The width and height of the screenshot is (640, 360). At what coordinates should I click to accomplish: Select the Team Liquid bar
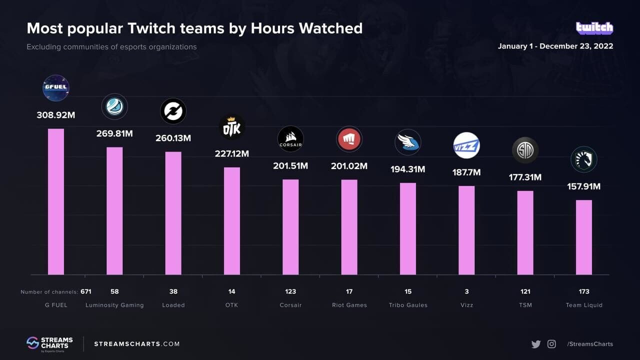tap(584, 237)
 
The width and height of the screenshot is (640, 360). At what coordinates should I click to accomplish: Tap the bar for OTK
tap(232, 220)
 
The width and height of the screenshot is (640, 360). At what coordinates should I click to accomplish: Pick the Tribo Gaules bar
tap(408, 228)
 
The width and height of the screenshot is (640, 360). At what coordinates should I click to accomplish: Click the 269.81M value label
tap(114, 133)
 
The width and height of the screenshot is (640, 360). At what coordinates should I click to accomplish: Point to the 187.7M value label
tap(466, 172)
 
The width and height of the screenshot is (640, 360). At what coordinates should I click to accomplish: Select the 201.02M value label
tap(349, 166)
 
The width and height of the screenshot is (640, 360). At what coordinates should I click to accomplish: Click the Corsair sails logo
tap(290, 139)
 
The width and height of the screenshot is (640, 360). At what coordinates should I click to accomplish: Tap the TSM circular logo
tap(525, 150)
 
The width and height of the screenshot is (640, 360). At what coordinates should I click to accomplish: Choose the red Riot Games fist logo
tap(349, 139)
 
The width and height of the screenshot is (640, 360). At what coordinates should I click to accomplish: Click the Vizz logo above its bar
tap(466, 145)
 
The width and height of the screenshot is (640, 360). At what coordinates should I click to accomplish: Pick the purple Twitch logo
tap(594, 28)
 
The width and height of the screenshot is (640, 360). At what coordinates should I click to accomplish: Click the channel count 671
tap(85, 291)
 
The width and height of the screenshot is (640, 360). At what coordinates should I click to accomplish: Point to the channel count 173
tap(584, 291)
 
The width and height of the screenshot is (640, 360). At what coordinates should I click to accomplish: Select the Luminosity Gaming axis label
tap(114, 305)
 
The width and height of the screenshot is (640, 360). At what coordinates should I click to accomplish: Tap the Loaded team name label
tap(173, 305)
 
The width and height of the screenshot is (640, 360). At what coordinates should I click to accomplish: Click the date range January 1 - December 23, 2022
tap(555, 46)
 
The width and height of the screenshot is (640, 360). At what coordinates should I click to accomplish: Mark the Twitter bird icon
tap(536, 344)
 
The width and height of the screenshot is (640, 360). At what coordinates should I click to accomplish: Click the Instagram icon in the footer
tap(551, 344)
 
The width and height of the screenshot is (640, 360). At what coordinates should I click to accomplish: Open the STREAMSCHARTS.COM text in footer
tap(136, 344)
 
